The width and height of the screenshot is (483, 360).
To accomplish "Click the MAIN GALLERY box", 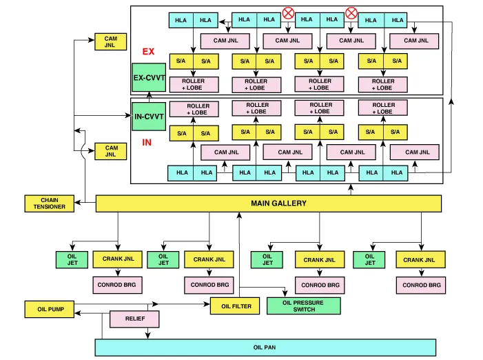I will click(x=268, y=203).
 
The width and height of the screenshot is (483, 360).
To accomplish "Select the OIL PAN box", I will click(x=265, y=348).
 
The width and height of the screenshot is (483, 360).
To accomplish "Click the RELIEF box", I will click(x=135, y=319).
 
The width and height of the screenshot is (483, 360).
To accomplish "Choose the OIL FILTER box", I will click(x=231, y=306).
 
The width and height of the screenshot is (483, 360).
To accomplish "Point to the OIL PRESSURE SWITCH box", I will click(x=302, y=306).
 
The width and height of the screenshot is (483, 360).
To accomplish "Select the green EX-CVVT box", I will click(x=149, y=78).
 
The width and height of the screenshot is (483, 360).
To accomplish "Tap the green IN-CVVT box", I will click(x=149, y=117).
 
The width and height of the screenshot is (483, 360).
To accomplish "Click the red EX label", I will click(x=148, y=52).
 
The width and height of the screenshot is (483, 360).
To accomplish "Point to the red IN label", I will click(x=147, y=143).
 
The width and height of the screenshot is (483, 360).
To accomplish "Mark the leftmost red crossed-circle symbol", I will click(x=288, y=12).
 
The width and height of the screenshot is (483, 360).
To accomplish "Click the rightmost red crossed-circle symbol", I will click(x=351, y=12).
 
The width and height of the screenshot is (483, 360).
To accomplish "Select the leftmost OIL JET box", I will click(x=72, y=259).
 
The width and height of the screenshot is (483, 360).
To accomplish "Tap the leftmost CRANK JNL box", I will click(x=118, y=259).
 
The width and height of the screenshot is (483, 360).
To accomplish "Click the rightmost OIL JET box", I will click(x=370, y=259).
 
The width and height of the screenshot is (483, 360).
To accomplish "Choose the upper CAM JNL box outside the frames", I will click(x=110, y=41).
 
